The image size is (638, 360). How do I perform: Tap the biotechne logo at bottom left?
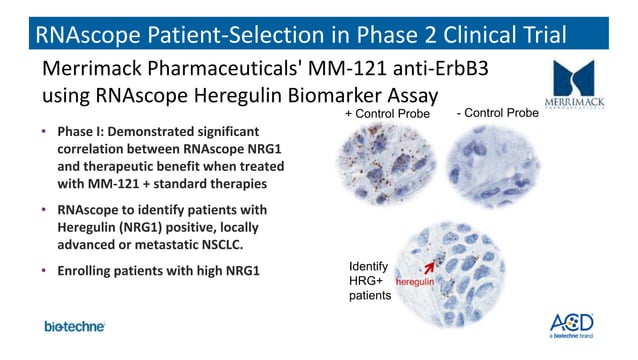pyautogui.click(x=74, y=327)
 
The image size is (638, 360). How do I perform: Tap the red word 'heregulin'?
pyautogui.click(x=417, y=284)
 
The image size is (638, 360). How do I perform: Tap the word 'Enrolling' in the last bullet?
pyautogui.click(x=90, y=272)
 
